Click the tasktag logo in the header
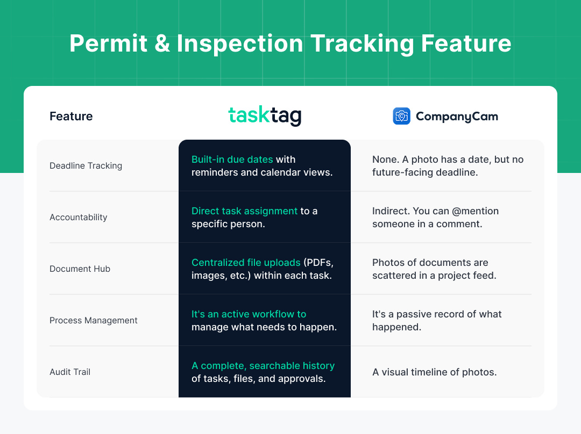[x=264, y=116]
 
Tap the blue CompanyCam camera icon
[x=401, y=116]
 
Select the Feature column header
[x=71, y=116]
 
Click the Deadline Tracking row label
[x=86, y=165]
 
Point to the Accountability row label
[x=79, y=217]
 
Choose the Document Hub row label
[x=80, y=269]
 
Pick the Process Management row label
[x=94, y=320]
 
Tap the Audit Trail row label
[x=70, y=372]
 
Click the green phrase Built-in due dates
[x=232, y=160]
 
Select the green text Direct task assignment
[x=244, y=211]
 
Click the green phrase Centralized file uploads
[x=246, y=263]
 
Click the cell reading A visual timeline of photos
[x=434, y=372]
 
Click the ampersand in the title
[x=162, y=44]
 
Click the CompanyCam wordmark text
[x=457, y=117]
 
